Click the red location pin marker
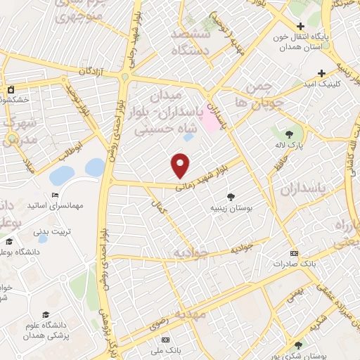pyautogui.click(x=181, y=166)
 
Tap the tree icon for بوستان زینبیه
pyautogui.click(x=229, y=198)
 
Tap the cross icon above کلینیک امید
pyautogui.click(x=321, y=73)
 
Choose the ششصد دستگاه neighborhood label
pyautogui.click(x=186, y=42)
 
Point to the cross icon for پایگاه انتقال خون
pyautogui.click(x=300, y=27)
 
